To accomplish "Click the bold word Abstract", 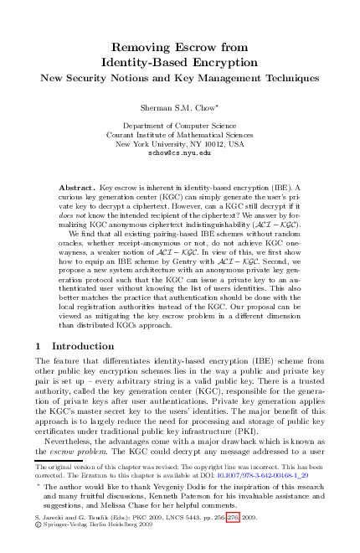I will tap(80, 189).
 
